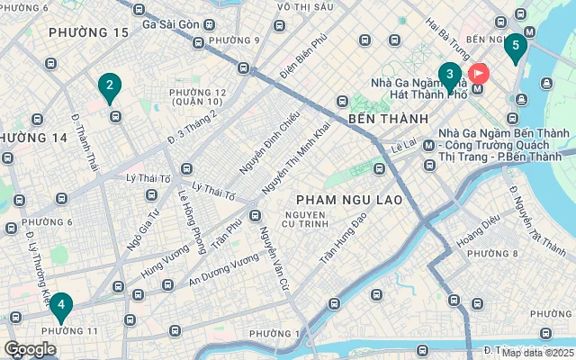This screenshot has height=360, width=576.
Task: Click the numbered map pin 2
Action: pos(109,86)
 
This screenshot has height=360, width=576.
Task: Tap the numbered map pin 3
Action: pos(450,75)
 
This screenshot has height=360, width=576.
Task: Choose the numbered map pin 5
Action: pos(515,45)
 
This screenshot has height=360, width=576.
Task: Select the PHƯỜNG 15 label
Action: pos(89,32)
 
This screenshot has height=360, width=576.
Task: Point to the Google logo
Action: pos(30,349)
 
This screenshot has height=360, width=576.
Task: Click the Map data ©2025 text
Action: pos(537,353)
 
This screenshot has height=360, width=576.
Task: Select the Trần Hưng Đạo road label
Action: pos(344,238)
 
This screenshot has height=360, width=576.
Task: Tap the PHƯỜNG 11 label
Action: pos(70,331)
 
